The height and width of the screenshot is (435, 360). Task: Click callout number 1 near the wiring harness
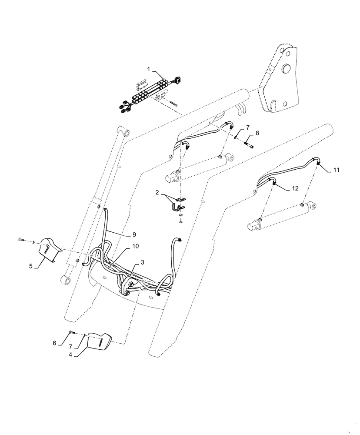(x=148, y=70)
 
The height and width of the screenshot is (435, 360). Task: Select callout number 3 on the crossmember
(x=142, y=263)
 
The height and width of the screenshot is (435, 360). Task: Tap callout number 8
(x=257, y=133)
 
